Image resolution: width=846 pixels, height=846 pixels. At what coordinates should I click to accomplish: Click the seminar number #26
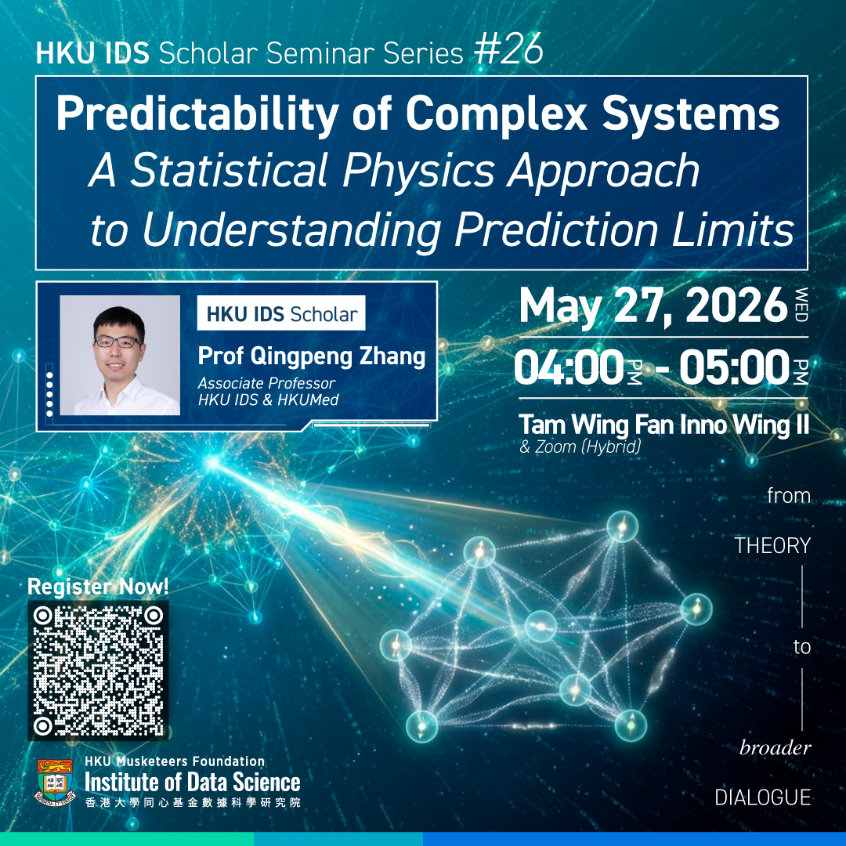point(508,50)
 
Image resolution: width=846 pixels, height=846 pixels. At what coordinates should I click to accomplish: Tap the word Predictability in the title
point(197,114)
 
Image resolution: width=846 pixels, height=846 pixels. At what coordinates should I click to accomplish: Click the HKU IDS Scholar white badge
point(281,313)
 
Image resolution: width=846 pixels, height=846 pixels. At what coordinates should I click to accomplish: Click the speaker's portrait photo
point(120,355)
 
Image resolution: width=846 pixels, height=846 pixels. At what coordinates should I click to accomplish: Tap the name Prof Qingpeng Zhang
point(311,357)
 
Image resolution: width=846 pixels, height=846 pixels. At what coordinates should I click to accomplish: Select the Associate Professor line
point(266,383)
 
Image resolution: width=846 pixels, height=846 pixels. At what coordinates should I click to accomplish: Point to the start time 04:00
point(569,367)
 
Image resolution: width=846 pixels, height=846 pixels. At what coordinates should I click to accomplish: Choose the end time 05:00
point(734,367)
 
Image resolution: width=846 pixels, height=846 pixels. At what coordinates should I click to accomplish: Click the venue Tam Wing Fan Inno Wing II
point(663,425)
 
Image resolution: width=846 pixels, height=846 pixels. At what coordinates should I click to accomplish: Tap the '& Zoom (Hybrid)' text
point(580,446)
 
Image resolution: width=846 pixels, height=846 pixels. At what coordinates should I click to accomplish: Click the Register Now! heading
point(98,586)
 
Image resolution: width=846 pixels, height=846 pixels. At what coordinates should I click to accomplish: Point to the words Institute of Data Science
point(193,783)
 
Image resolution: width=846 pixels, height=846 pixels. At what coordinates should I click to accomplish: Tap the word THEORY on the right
point(772,545)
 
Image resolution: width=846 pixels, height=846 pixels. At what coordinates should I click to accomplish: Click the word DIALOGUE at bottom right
point(763,797)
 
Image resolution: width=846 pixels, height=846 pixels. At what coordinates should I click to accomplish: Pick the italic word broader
point(775,748)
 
